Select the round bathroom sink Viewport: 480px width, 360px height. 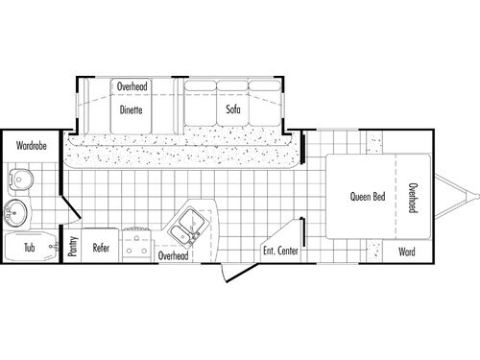coord(17,212)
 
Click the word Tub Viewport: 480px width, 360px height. coord(29,247)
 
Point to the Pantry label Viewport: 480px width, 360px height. coord(73,247)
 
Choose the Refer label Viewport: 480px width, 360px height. coord(101,247)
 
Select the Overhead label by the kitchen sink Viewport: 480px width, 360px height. coord(173,256)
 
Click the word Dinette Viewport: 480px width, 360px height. coord(132,109)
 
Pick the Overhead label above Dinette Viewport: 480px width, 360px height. coord(132,86)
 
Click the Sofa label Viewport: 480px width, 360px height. coord(232,109)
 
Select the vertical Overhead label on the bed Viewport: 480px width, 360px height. coord(411,197)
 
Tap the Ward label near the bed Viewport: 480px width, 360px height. coord(407,253)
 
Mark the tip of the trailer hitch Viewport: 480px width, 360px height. coord(473,197)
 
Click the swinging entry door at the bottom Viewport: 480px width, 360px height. coord(226,271)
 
